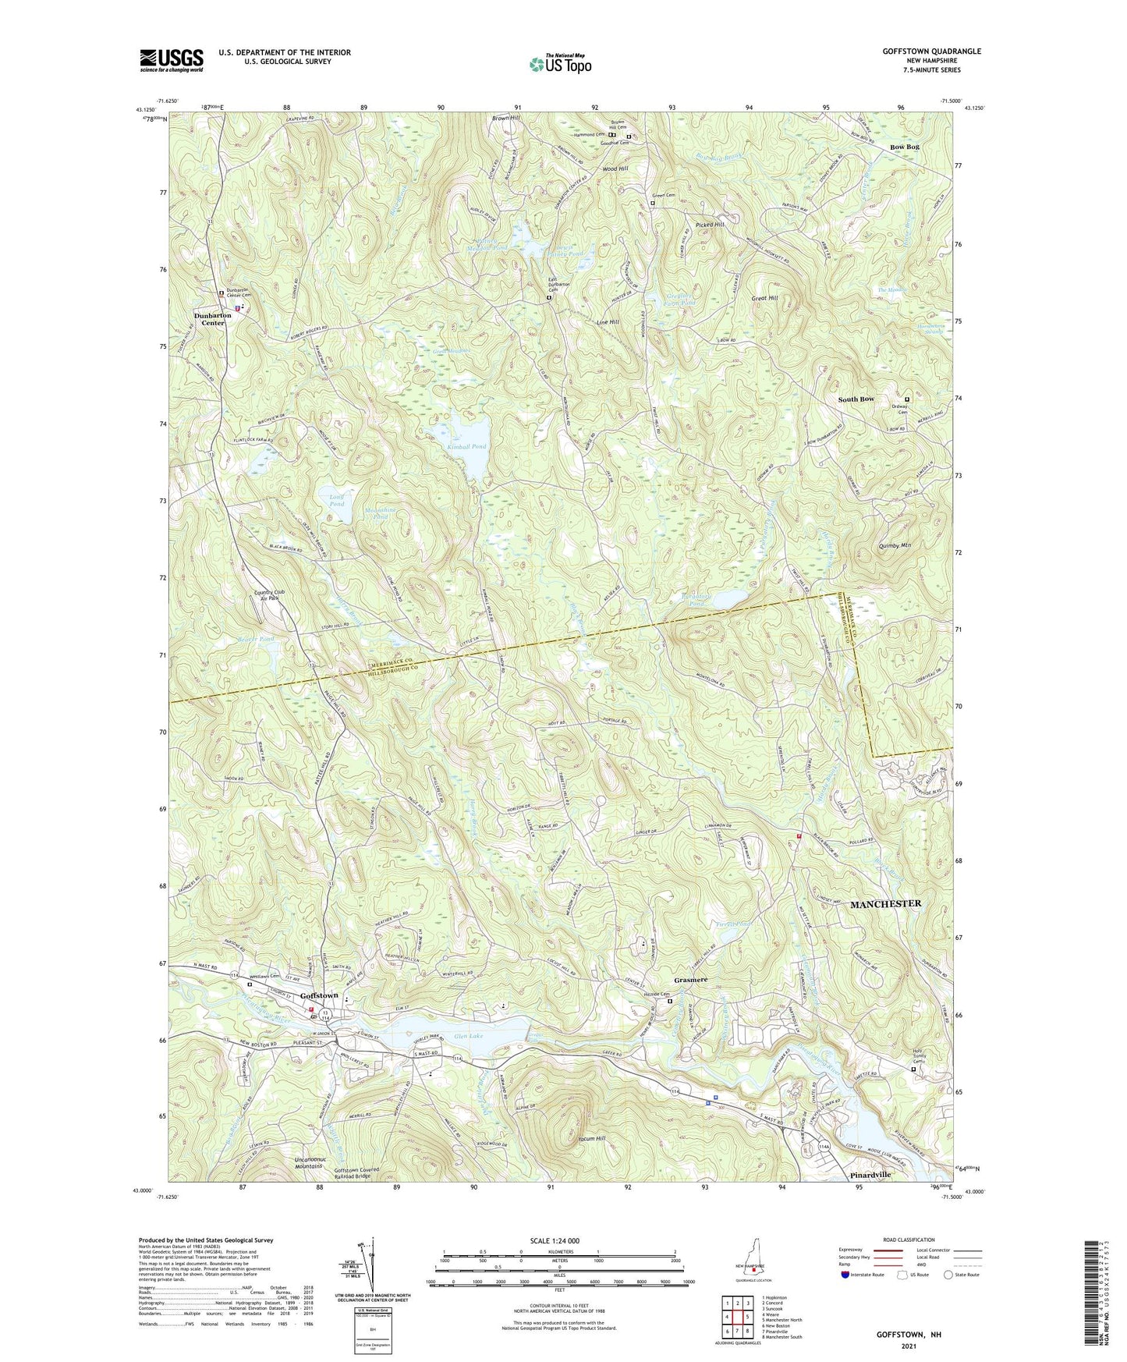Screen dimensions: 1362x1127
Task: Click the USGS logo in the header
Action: pos(172,59)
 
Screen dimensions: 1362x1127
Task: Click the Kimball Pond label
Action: pos(468,447)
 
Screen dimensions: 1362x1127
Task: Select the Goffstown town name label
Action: pos(319,995)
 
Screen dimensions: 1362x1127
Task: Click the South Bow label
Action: pos(856,399)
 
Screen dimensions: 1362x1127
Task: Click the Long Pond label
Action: pos(336,500)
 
